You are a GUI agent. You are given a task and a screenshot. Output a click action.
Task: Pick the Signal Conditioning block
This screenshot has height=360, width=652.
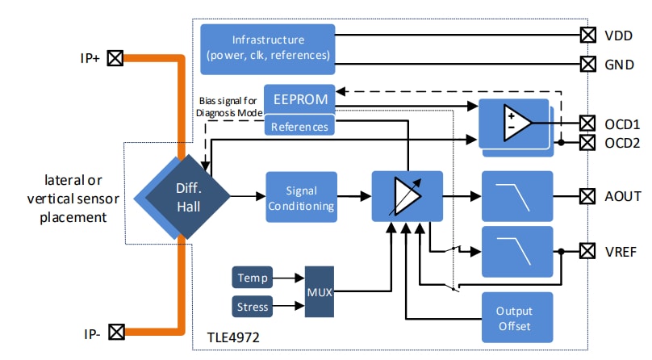(299, 196)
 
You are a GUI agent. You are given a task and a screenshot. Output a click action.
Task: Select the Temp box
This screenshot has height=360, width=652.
(252, 278)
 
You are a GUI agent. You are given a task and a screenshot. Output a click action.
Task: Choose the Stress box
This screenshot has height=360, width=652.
(252, 306)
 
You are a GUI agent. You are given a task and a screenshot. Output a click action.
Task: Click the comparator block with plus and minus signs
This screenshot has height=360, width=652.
(515, 123)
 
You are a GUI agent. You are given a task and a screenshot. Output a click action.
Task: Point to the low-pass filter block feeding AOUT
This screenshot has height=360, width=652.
(516, 196)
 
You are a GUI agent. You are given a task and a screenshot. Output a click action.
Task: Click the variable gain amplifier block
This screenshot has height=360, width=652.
(407, 196)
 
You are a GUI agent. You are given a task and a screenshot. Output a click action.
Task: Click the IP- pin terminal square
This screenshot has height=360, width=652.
(116, 331)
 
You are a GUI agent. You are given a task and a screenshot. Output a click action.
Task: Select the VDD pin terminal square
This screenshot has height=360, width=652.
(588, 35)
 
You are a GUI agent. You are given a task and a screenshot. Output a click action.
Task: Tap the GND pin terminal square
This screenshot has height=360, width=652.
(588, 63)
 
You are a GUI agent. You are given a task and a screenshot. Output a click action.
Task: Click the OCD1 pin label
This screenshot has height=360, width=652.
(622, 124)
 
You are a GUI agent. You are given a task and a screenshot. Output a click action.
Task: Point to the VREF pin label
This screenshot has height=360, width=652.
(621, 252)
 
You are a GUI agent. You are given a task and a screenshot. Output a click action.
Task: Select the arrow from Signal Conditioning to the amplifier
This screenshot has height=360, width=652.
(353, 196)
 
